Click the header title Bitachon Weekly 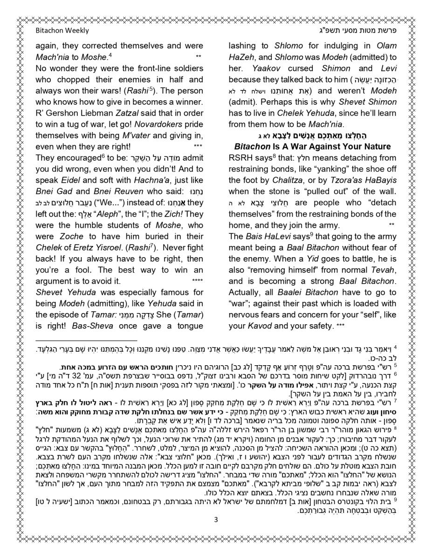point(62,31)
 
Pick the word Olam point(385,46)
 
